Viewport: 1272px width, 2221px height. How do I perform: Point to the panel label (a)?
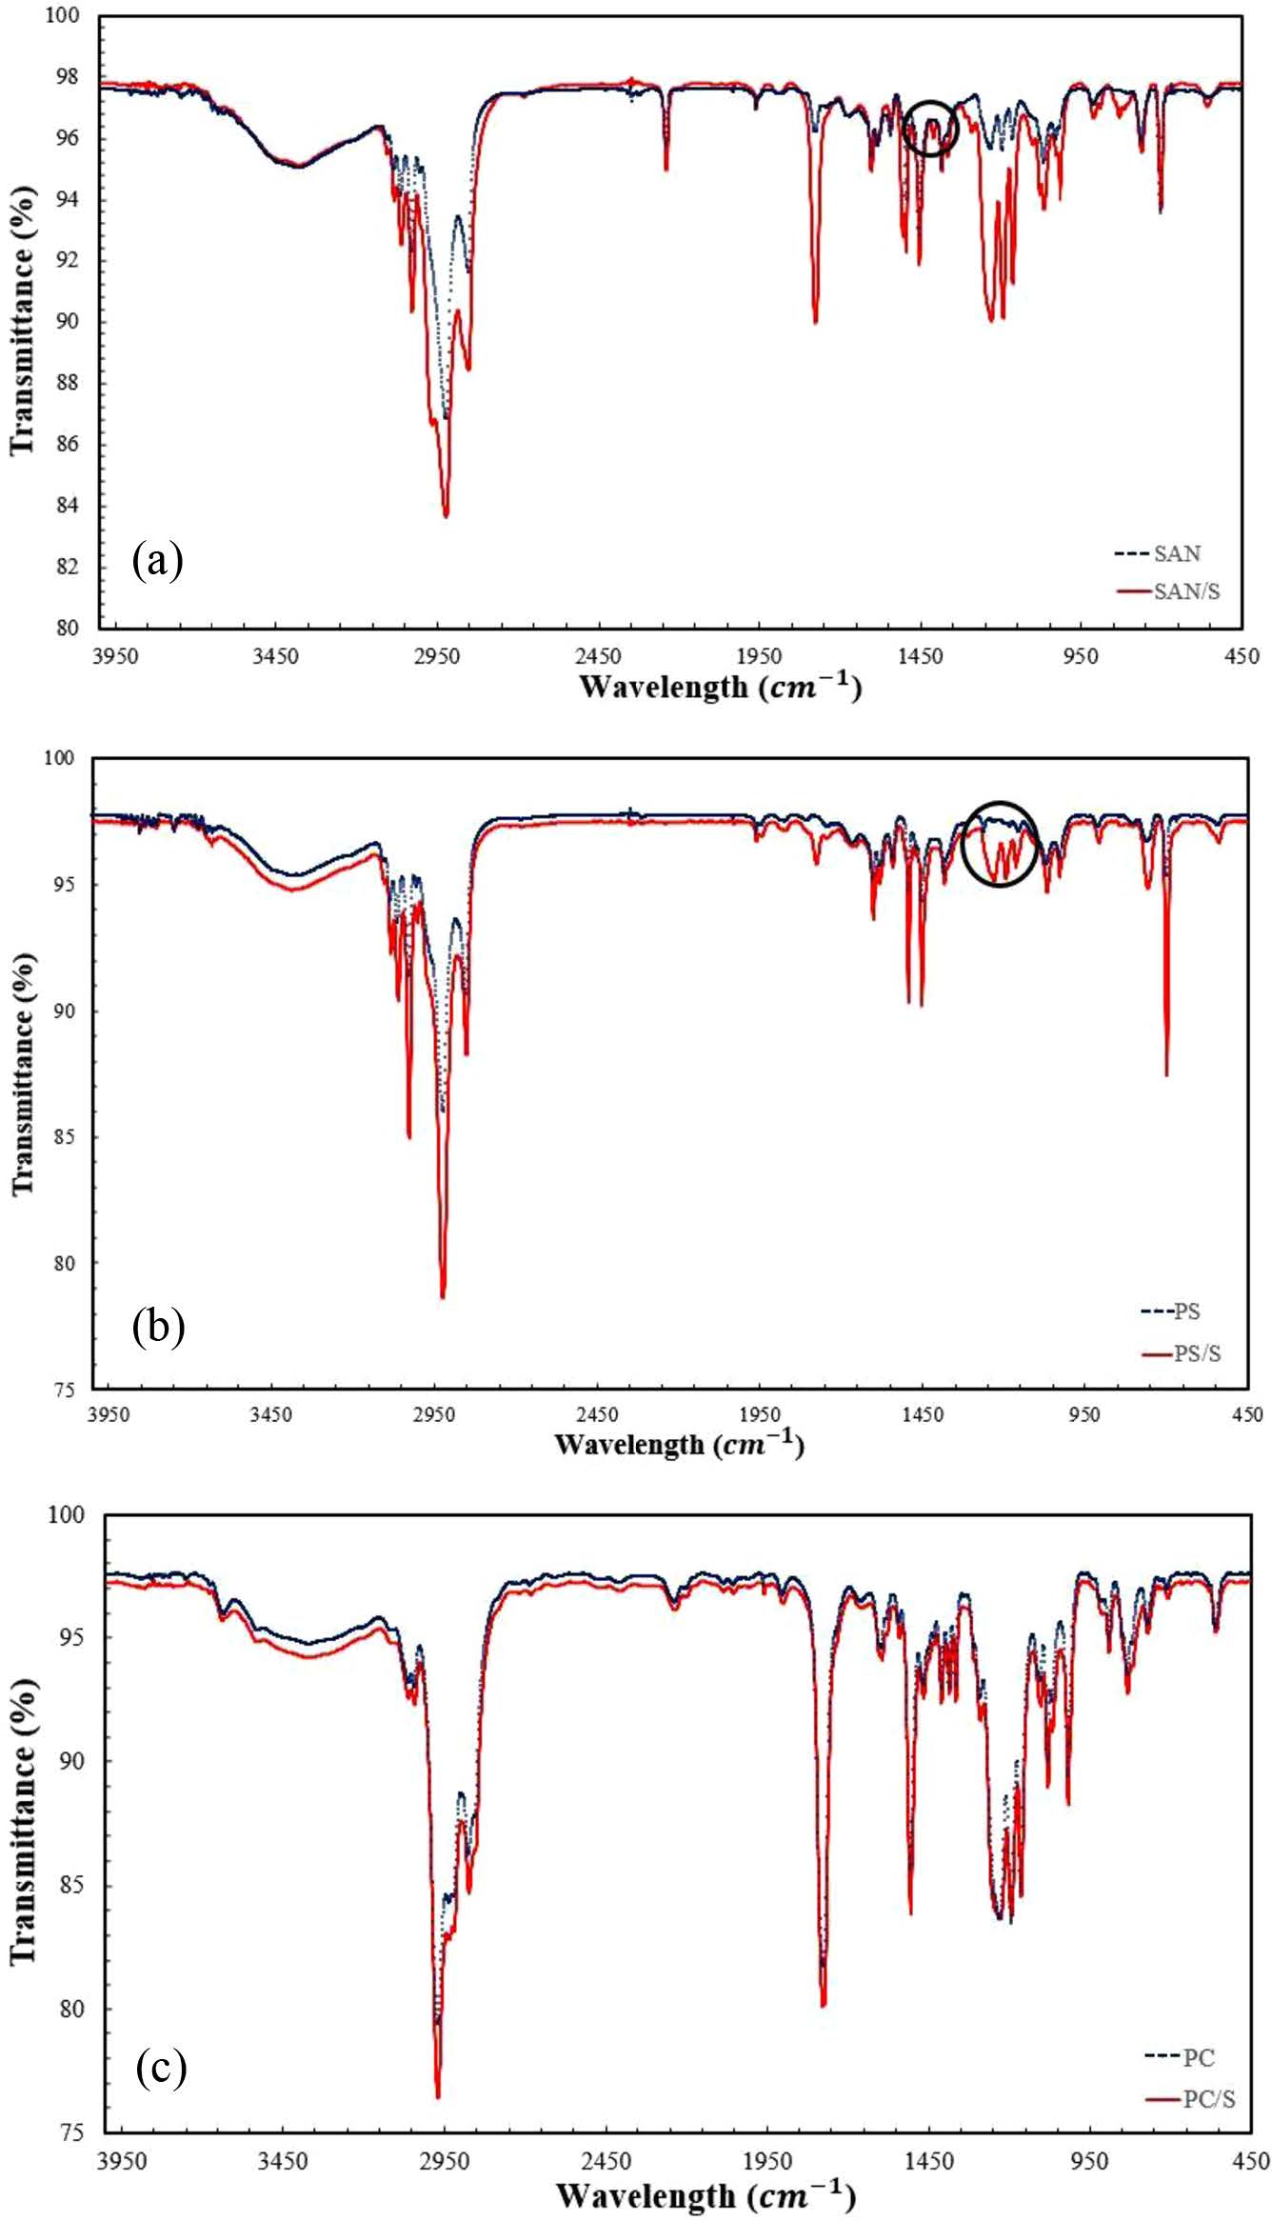pos(158,561)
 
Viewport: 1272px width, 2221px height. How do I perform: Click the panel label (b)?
pos(159,1327)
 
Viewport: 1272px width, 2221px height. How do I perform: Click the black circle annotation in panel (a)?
pos(928,128)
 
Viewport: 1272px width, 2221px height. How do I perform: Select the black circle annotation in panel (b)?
pos(1000,844)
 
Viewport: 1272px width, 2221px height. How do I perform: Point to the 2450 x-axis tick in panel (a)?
pos(598,656)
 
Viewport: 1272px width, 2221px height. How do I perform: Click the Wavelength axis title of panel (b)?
pos(679,1444)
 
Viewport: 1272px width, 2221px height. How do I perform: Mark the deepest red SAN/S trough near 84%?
pos(446,515)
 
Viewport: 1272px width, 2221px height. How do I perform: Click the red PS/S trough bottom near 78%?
pos(443,1296)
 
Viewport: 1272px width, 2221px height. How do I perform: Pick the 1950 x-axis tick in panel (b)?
pos(759,1414)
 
